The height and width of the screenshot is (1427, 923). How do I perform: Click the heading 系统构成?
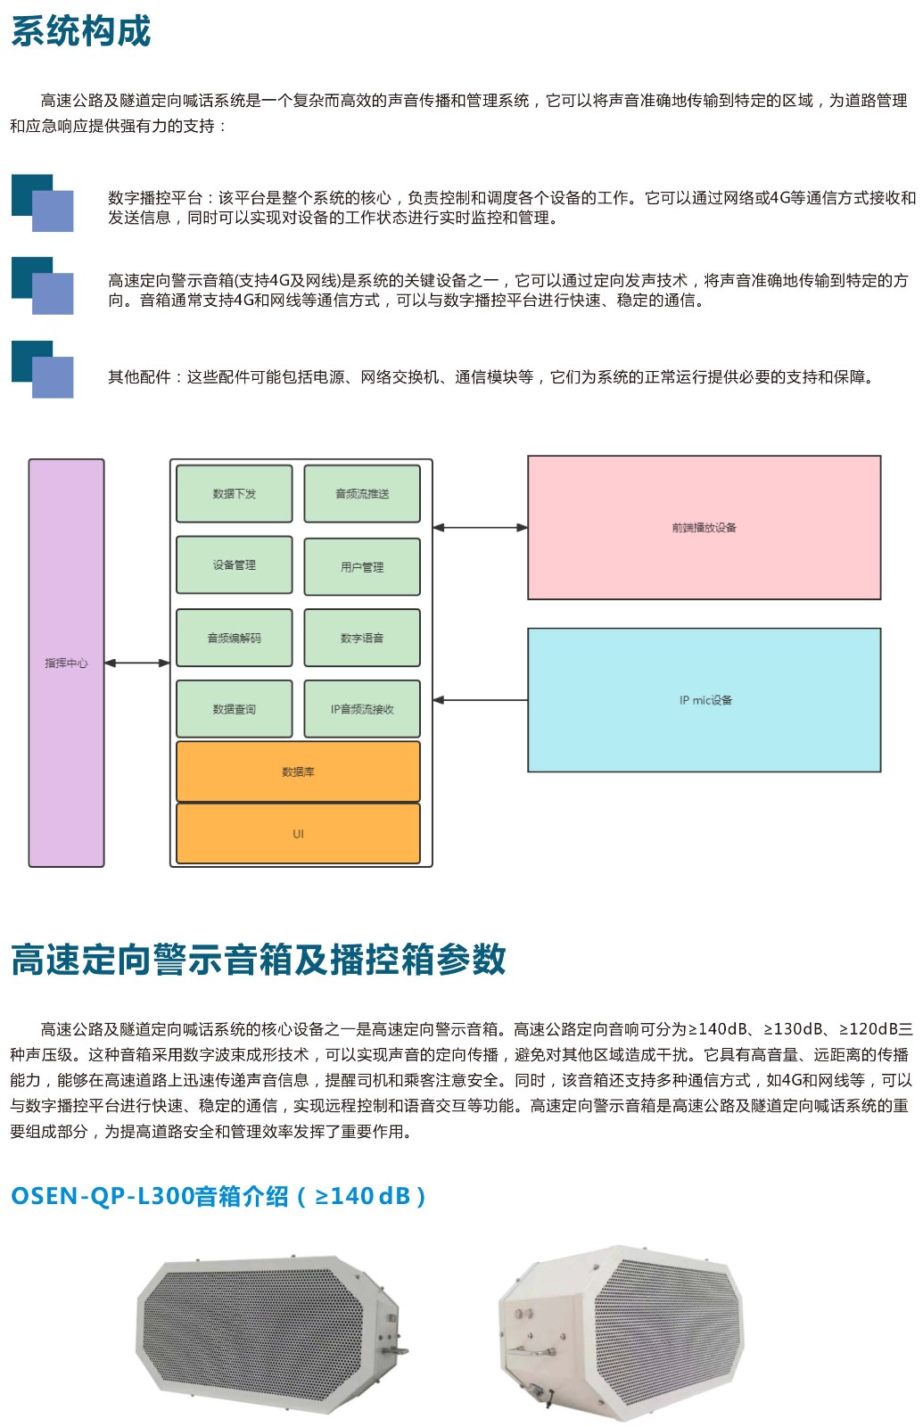point(80,31)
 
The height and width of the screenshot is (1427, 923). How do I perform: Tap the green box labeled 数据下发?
point(234,493)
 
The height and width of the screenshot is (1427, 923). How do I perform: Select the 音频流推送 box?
point(362,493)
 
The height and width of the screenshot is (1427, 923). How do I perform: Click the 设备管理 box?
point(234,565)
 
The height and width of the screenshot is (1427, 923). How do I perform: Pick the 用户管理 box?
point(362,566)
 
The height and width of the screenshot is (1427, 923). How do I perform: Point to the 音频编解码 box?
point(234,638)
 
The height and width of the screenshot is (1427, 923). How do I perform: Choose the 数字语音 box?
point(362,638)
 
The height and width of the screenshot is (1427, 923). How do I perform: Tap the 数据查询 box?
point(234,709)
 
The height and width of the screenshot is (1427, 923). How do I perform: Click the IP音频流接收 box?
point(362,709)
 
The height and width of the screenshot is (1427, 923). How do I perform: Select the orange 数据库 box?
point(298,771)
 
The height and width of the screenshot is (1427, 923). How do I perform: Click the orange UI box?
point(298,834)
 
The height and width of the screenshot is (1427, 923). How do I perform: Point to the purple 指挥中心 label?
point(66,663)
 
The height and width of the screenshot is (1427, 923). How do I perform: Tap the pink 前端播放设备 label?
point(704,527)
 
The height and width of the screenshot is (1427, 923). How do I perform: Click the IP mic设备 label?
point(705,700)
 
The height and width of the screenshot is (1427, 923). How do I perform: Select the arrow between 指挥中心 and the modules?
point(136,663)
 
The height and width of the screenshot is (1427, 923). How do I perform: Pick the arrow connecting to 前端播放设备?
point(480,527)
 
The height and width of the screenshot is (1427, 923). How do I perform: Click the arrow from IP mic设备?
point(480,700)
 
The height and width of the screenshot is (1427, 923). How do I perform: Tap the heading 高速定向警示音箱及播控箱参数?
point(259,960)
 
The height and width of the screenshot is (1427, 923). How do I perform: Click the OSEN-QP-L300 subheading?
point(218,1196)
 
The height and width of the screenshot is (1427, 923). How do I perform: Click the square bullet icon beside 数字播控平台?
point(42,203)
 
